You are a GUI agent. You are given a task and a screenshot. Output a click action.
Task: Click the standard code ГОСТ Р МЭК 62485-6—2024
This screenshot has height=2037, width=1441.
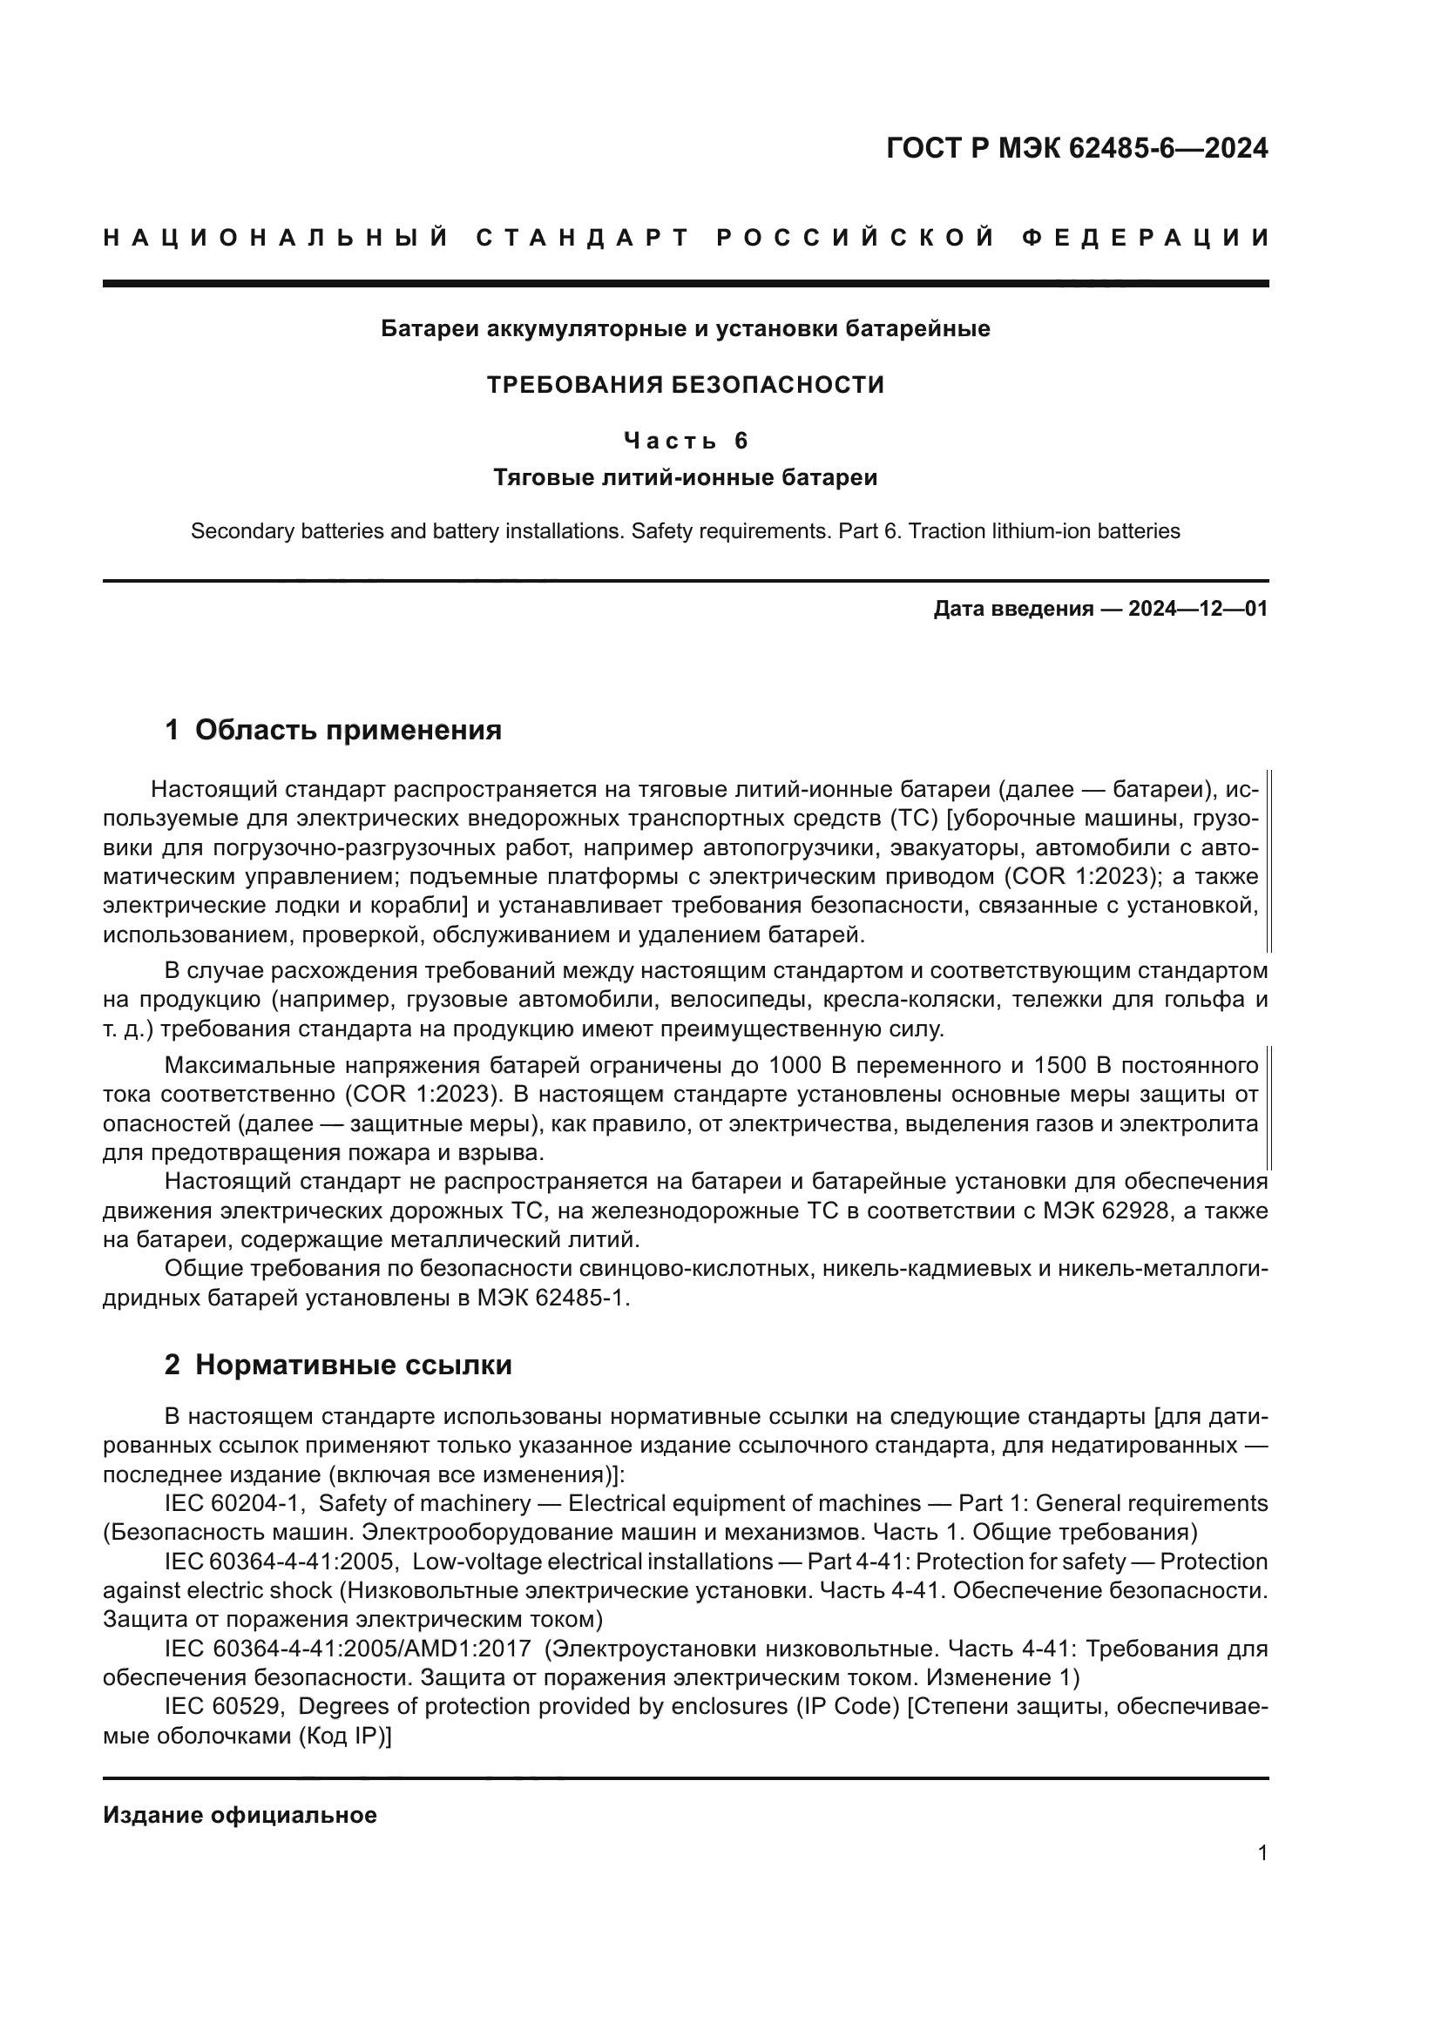1076,148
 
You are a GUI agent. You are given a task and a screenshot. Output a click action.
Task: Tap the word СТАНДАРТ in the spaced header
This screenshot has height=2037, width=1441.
583,238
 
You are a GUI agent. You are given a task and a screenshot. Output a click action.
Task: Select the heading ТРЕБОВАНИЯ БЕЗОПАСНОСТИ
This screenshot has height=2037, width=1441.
685,385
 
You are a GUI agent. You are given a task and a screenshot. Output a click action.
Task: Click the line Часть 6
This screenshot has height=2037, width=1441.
685,440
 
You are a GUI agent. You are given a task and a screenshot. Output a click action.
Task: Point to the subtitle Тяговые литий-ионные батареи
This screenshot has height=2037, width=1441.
685,478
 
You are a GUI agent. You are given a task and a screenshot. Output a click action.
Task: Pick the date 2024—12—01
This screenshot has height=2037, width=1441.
1198,609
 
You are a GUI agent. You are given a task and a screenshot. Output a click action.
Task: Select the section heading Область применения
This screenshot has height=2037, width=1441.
348,730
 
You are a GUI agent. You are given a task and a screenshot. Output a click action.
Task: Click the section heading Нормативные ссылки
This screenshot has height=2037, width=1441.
353,1365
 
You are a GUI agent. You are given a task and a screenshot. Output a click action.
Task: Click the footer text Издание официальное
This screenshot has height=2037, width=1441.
240,1815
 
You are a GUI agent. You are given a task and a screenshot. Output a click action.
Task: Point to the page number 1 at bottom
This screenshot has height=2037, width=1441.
1262,1878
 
